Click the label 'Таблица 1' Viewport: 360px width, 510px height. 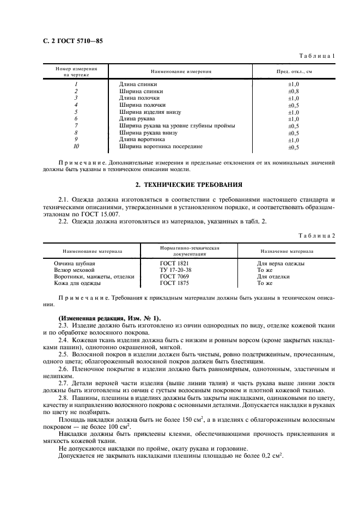[x=316, y=56]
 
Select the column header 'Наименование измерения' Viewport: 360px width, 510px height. [x=181, y=71]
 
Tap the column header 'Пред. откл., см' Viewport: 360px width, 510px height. [x=294, y=71]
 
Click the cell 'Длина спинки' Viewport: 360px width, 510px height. [x=138, y=84]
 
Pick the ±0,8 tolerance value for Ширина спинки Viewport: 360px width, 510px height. [x=294, y=92]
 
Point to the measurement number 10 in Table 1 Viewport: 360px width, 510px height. [x=76, y=147]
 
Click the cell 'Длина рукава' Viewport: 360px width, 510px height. [x=137, y=119]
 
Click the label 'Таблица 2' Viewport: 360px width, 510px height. [x=316, y=235]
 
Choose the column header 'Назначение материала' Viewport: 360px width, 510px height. [x=286, y=252]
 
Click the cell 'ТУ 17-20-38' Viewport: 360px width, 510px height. [x=175, y=270]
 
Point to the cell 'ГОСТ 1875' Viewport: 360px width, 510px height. [x=174, y=283]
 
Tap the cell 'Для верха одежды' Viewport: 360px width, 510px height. [x=280, y=263]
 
